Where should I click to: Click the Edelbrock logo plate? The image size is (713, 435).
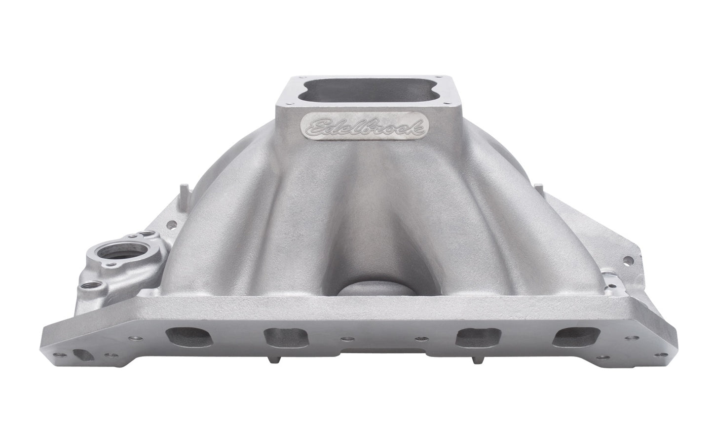365,126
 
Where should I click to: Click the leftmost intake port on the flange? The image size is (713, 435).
189,337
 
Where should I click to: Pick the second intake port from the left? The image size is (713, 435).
286,338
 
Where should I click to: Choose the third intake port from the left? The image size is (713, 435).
478,338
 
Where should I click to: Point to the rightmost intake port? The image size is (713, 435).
576,337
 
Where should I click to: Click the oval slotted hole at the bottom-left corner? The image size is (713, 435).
83,355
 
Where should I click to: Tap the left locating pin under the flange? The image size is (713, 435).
275,359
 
